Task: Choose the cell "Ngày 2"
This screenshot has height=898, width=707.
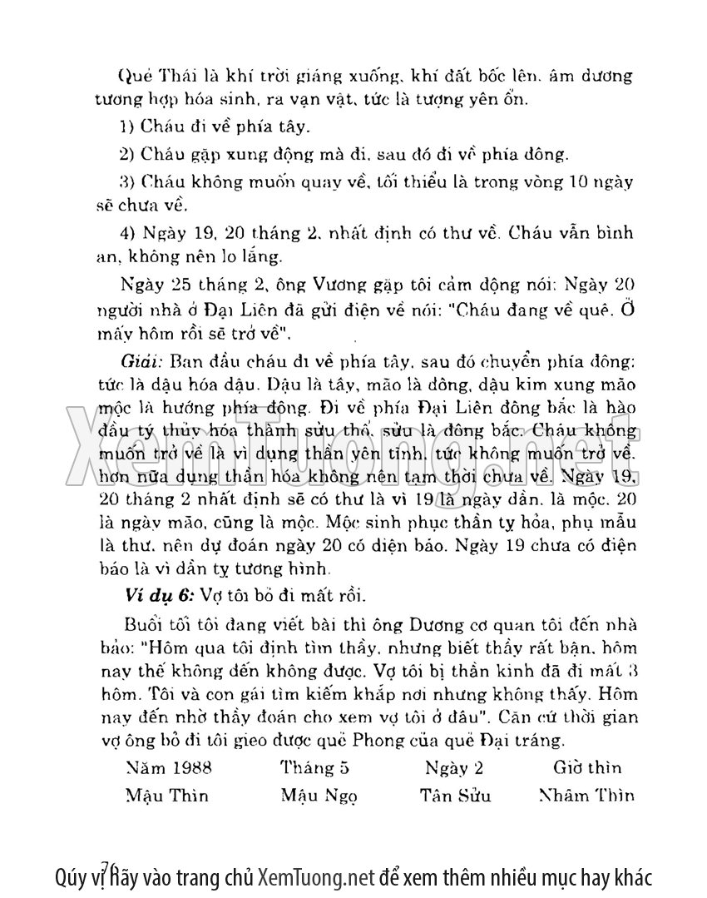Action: (x=453, y=767)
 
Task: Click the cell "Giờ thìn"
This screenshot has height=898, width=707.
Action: (x=588, y=767)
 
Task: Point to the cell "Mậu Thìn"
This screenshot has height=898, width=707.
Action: (x=166, y=795)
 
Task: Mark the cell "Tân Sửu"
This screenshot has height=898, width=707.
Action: (x=455, y=795)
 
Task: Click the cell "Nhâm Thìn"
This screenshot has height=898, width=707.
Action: (x=586, y=795)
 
